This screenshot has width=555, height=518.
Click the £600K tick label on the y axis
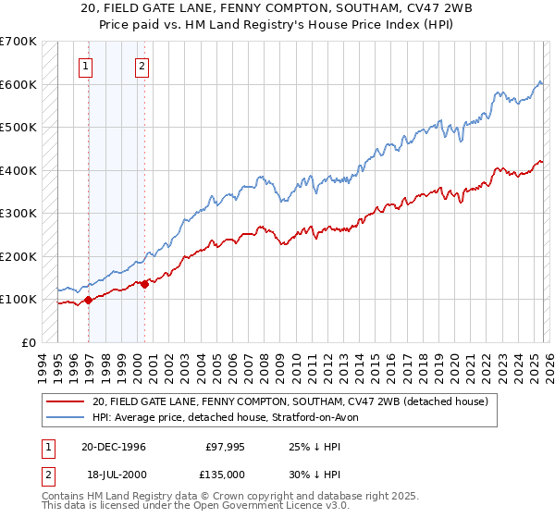coord(18,84)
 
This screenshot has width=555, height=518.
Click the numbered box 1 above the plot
coord(86,66)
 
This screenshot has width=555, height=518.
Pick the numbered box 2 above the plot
coord(142,66)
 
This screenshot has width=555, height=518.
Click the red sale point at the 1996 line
coord(89,300)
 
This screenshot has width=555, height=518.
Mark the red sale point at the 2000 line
coord(144,284)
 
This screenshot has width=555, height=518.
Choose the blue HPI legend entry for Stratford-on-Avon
coord(231,417)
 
